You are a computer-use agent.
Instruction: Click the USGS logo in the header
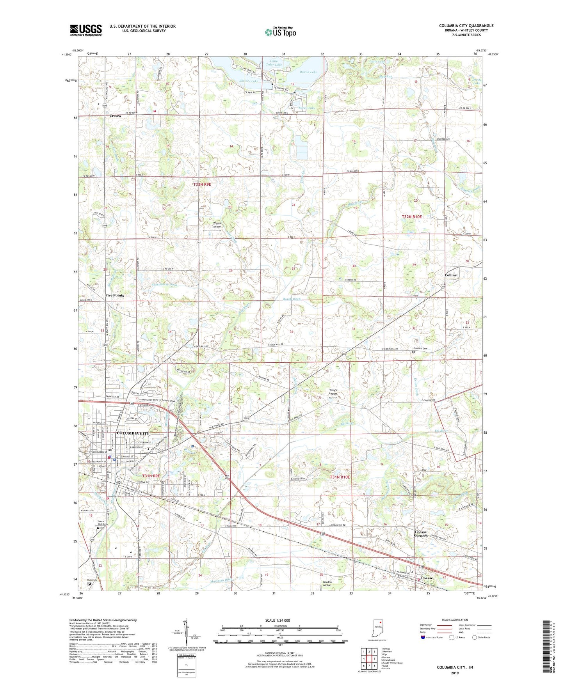tap(86, 30)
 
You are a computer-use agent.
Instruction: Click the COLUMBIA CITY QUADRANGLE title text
tap(466, 26)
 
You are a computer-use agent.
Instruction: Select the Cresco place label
tap(115, 116)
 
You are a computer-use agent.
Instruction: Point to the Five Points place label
tap(114, 295)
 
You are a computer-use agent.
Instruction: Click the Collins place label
tap(450, 275)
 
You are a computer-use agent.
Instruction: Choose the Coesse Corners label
tap(420, 534)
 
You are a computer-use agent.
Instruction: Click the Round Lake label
tap(308, 72)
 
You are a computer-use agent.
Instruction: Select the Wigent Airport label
tap(217, 225)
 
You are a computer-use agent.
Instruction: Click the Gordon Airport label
tap(327, 583)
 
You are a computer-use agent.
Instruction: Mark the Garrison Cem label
tap(421, 348)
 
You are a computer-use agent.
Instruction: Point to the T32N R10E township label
tap(412, 216)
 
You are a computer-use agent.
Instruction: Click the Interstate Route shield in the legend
tap(423, 637)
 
